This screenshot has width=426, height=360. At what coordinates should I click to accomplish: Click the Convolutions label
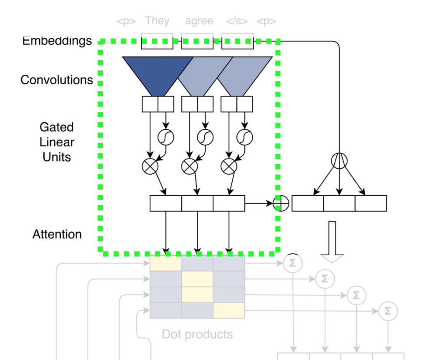tap(56, 80)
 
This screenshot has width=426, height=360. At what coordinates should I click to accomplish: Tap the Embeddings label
tap(57, 41)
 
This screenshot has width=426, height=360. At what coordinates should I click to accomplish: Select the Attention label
tap(57, 234)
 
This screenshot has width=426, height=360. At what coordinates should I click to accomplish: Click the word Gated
tap(56, 127)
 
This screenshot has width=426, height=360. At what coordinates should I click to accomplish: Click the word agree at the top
tap(199, 21)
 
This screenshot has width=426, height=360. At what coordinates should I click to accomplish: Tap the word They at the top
tap(157, 21)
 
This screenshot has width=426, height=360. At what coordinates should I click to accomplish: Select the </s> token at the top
tap(237, 21)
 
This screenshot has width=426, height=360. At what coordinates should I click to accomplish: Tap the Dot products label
tap(197, 334)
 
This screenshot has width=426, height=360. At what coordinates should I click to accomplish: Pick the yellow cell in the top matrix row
tap(166, 263)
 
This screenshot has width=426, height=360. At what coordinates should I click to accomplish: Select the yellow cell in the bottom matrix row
tap(229, 310)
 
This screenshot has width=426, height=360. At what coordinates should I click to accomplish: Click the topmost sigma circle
tap(293, 263)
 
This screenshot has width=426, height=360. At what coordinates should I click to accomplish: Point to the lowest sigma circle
tap(388, 311)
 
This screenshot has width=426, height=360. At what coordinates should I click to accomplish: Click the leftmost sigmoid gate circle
tap(166, 137)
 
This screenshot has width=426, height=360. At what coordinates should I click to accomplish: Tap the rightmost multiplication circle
tap(229, 166)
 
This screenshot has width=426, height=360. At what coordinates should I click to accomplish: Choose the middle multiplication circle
tap(189, 166)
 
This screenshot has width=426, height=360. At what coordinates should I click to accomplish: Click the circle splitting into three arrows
tap(339, 160)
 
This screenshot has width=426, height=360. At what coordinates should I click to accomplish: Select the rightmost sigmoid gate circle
tap(245, 137)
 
